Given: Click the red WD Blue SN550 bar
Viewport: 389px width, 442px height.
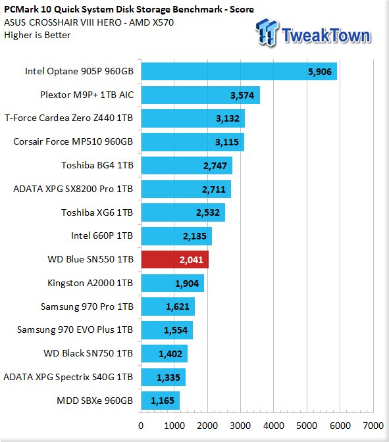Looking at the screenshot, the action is pos(175,260).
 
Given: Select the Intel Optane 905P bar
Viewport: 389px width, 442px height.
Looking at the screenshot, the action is pos(239,71).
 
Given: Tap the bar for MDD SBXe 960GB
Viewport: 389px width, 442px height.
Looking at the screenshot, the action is pos(160,401).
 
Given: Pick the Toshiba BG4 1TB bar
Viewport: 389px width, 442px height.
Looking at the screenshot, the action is pos(187,166).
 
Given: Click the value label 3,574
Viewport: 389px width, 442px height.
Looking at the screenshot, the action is pos(242,95).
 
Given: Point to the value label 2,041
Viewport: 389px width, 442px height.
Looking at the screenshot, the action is pos(192,260).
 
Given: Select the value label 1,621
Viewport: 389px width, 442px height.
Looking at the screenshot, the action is pos(178,307).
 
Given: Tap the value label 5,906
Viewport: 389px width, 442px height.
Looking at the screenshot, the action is pos(320,72).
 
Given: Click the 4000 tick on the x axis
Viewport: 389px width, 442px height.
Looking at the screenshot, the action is pos(274,426).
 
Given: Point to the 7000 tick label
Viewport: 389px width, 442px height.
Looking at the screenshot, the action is pos(373,426).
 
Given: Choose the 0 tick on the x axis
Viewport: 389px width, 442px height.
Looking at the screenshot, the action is pos(141,426).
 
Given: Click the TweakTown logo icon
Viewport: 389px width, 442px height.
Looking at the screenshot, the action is pos(267,32).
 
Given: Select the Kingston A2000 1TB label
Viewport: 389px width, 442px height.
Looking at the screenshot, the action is pos(90,283).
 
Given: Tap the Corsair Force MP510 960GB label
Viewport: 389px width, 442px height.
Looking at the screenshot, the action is pos(73,141).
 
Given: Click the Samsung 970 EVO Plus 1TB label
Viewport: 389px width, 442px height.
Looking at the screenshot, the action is pos(75,330).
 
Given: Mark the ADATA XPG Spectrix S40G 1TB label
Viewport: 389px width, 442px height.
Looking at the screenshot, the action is pos(68,377).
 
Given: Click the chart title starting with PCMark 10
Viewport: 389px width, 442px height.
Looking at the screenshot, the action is pos(129,9).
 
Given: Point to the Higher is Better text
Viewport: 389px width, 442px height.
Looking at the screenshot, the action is pos(38,36).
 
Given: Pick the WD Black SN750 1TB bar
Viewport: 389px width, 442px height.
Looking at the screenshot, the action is pos(164,353).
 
